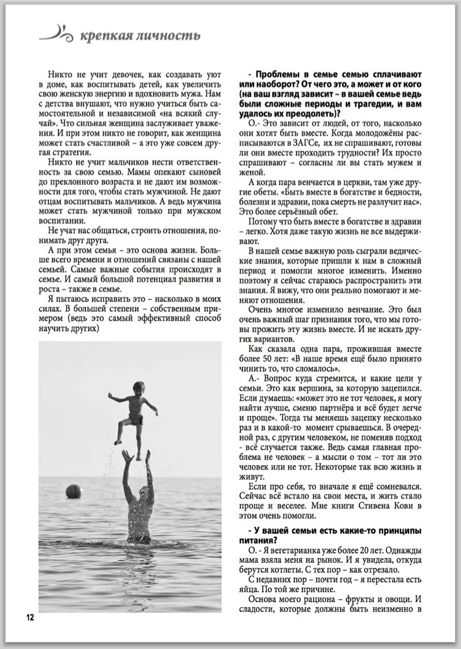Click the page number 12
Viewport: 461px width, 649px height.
click(30, 617)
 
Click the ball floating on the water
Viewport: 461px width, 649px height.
click(73, 491)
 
